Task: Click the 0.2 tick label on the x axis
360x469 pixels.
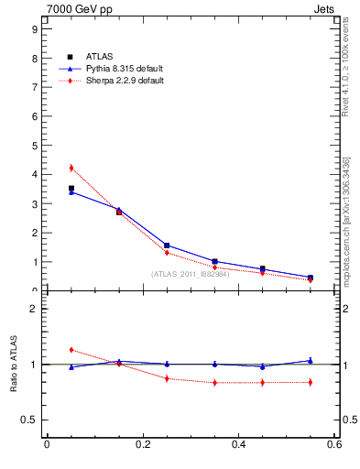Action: click(142, 445)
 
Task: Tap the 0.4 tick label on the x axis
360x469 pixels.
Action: click(239, 445)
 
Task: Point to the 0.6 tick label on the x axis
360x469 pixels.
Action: click(334, 445)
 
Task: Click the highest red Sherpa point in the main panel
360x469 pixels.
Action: click(71, 168)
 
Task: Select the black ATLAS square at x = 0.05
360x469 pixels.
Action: click(71, 189)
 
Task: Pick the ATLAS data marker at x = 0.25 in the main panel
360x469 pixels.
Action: click(167, 245)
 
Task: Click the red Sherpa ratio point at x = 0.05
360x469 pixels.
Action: click(71, 350)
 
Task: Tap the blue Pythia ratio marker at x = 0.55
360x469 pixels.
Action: click(311, 360)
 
